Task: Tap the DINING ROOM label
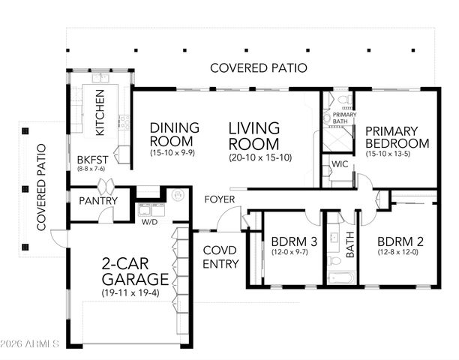(x=174, y=134)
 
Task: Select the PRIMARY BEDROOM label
(x=397, y=136)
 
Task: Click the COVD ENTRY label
(x=221, y=257)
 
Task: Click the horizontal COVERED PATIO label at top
(x=258, y=67)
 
